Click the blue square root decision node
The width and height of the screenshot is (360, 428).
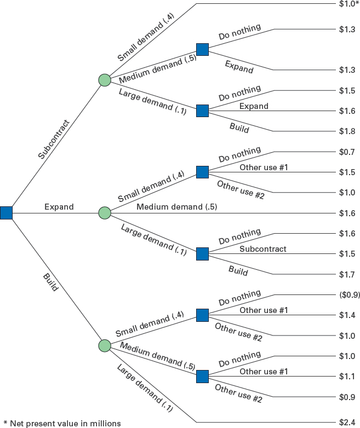[6, 212]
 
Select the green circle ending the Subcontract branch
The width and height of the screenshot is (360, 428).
[105, 80]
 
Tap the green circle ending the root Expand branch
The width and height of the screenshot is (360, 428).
[105, 212]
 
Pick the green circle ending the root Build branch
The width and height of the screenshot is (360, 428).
[105, 345]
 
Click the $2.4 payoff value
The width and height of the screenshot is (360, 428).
[347, 421]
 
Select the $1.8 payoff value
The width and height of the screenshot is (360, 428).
[347, 131]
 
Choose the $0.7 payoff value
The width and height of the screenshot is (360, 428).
[347, 152]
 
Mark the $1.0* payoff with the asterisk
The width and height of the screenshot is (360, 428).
[348, 4]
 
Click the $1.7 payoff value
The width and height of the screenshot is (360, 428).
[347, 274]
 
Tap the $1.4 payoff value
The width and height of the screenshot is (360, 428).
[347, 315]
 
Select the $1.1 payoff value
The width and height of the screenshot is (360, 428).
[347, 376]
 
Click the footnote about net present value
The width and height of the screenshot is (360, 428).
[61, 422]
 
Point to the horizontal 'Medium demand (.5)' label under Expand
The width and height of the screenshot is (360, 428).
[176, 207]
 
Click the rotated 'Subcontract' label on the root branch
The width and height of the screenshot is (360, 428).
[54, 139]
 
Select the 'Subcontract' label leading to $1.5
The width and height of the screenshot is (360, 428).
[262, 248]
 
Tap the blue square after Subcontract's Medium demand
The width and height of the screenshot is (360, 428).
[203, 49]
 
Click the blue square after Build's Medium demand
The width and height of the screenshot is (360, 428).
[203, 376]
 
